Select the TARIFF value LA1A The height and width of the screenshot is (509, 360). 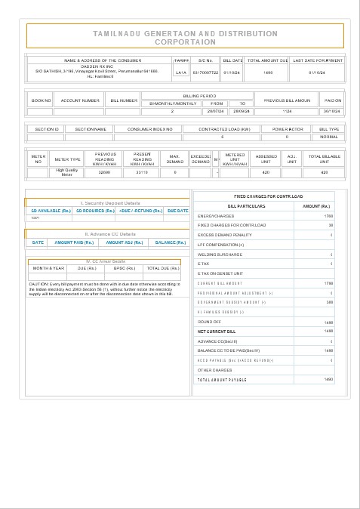[181, 72]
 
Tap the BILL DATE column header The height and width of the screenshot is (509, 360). [232, 60]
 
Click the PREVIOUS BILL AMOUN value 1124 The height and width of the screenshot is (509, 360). [286, 111]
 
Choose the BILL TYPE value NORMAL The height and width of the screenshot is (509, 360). [329, 137]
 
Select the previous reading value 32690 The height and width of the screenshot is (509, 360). [104, 172]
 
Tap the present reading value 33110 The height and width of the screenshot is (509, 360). [142, 172]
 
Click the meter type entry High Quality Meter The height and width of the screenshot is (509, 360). [67, 172]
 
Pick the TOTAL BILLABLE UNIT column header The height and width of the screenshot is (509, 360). [325, 159]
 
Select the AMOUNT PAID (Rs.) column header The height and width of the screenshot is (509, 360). [74, 242]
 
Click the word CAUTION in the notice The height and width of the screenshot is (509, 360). [38, 284]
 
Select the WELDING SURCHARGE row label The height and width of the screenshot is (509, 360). [218, 254]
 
